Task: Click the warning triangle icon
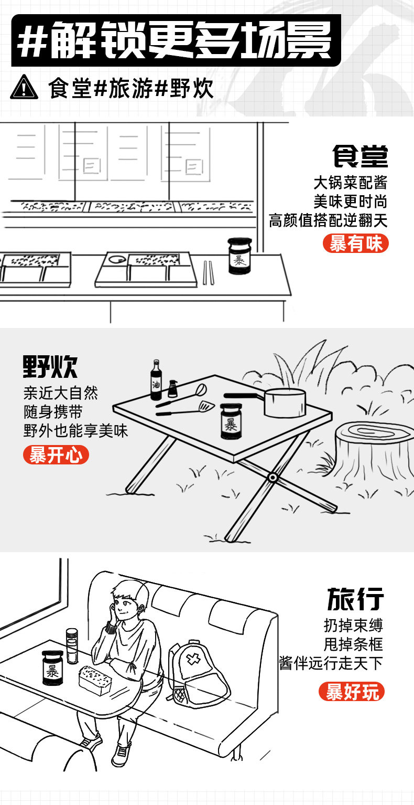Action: click(24, 88)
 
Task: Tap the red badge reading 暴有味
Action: click(355, 243)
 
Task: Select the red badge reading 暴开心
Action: click(56, 454)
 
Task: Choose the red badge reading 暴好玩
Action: click(352, 692)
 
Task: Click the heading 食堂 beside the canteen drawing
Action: click(360, 156)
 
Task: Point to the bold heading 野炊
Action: click(50, 367)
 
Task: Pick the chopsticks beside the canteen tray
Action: click(208, 273)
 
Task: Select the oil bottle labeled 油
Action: click(156, 380)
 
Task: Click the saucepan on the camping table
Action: click(283, 402)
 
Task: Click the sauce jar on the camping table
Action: click(231, 421)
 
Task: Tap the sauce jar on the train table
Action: click(53, 668)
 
